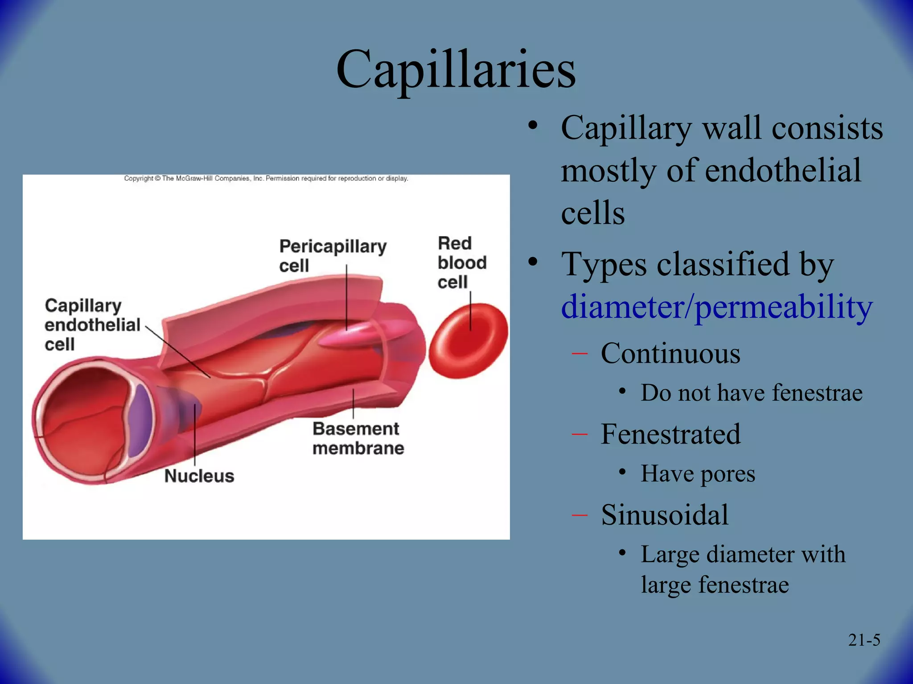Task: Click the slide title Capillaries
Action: click(x=456, y=69)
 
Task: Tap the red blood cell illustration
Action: click(x=468, y=341)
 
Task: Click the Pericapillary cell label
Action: click(x=333, y=256)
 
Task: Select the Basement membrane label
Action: click(x=358, y=438)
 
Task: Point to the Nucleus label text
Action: click(x=199, y=476)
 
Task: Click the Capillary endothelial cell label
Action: click(x=92, y=325)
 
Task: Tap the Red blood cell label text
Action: click(x=461, y=263)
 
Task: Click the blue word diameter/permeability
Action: click(x=716, y=307)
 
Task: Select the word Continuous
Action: click(x=670, y=354)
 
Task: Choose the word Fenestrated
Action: click(x=670, y=434)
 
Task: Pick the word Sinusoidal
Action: click(x=664, y=515)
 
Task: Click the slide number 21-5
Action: click(x=864, y=640)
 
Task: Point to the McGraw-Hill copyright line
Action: click(x=266, y=179)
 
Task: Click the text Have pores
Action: click(x=698, y=473)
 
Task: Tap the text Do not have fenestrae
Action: click(x=752, y=393)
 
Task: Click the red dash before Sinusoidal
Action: click(x=580, y=515)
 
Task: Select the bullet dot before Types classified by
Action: click(x=533, y=262)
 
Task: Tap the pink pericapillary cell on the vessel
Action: click(x=357, y=336)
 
